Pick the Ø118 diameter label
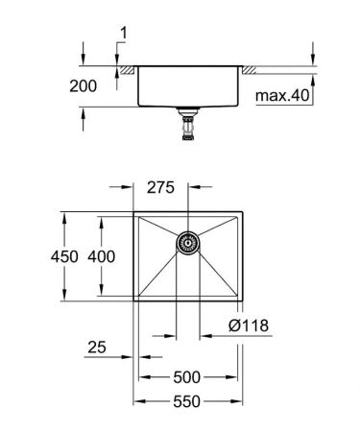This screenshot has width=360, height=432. [249, 326]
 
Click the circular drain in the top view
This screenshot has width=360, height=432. [187, 244]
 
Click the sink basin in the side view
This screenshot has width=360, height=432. [187, 86]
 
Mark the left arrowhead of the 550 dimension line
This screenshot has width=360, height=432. [136, 402]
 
